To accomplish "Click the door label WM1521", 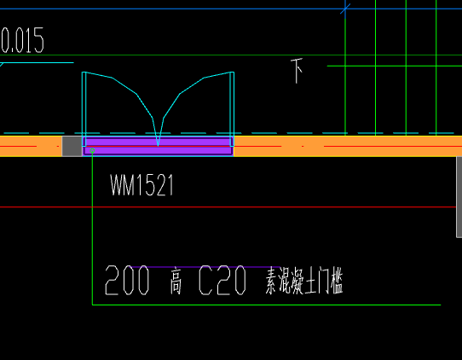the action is [x=141, y=185].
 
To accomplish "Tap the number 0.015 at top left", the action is [x=22, y=40].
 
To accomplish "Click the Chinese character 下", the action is [x=297, y=71].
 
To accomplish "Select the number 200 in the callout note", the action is [x=127, y=280].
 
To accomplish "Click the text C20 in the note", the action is [x=222, y=280].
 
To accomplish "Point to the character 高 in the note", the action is [x=176, y=281].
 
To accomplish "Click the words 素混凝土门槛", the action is [x=304, y=281].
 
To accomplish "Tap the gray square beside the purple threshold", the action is [x=72, y=146].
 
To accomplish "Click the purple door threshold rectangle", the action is [x=158, y=146].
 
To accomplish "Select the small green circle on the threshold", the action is [x=92, y=151].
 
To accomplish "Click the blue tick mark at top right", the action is [x=345, y=9].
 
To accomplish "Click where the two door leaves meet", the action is [x=158, y=145].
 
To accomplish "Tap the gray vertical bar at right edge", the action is [x=459, y=197].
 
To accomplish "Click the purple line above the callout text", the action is [x=205, y=267].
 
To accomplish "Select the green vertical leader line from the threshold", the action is [x=92, y=228].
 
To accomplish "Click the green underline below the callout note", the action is [x=266, y=305].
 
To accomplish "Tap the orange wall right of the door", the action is [x=348, y=146].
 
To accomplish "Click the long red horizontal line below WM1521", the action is [x=228, y=207].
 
